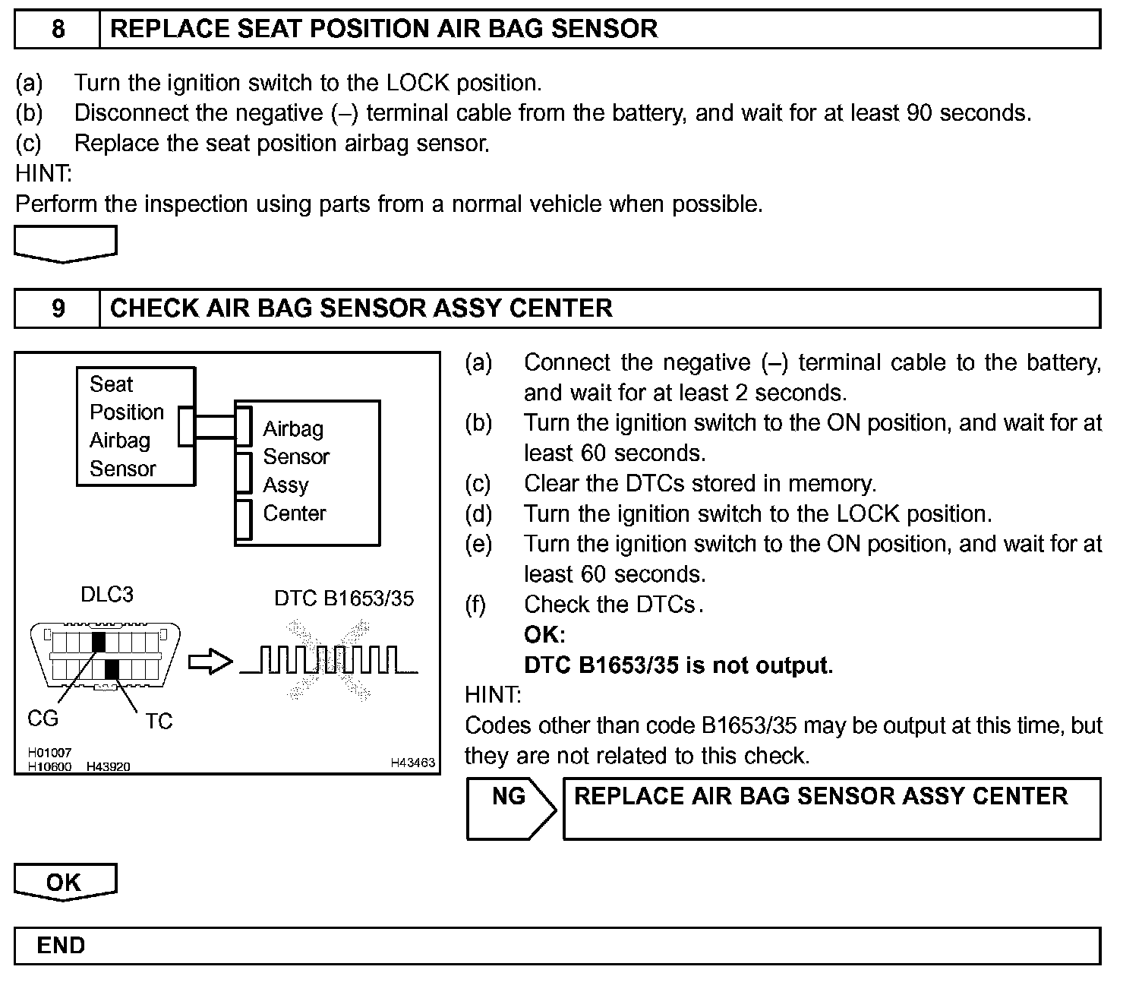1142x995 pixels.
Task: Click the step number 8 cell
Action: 58,30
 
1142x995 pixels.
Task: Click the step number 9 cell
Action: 58,308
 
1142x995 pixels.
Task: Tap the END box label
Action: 61,946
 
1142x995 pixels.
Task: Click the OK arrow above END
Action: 65,882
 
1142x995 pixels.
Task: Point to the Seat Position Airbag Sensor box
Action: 135,426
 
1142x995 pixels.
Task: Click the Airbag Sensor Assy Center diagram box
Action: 307,472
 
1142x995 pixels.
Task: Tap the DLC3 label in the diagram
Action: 107,595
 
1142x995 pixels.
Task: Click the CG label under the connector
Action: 43,718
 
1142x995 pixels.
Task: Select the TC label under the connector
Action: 159,721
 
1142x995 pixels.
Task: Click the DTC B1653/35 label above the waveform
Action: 344,599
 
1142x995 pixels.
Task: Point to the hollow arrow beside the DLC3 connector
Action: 210,662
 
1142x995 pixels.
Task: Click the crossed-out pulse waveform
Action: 329,660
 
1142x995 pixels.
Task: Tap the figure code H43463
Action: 413,762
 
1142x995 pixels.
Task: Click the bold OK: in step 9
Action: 544,635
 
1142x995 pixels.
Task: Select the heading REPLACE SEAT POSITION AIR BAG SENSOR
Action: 383,30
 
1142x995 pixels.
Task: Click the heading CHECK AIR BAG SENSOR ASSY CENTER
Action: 361,308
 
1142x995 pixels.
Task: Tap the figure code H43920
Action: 108,766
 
